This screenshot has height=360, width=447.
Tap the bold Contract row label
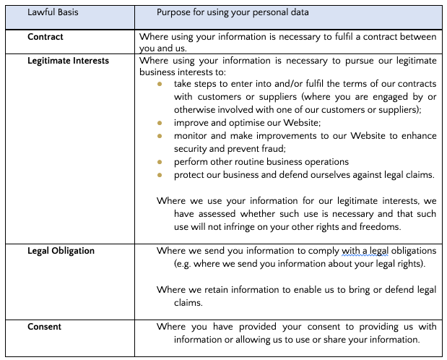coord(45,36)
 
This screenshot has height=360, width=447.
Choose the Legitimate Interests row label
coord(69,61)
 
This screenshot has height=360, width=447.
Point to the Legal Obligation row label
coord(61,251)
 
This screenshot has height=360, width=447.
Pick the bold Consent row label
coord(44,327)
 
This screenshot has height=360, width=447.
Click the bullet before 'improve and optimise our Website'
coord(160,123)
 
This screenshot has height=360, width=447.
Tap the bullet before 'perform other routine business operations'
coord(160,162)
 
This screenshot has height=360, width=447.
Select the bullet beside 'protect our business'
coord(160,175)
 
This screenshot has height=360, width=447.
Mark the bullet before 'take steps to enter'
coord(160,84)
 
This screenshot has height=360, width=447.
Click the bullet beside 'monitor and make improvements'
coord(160,136)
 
